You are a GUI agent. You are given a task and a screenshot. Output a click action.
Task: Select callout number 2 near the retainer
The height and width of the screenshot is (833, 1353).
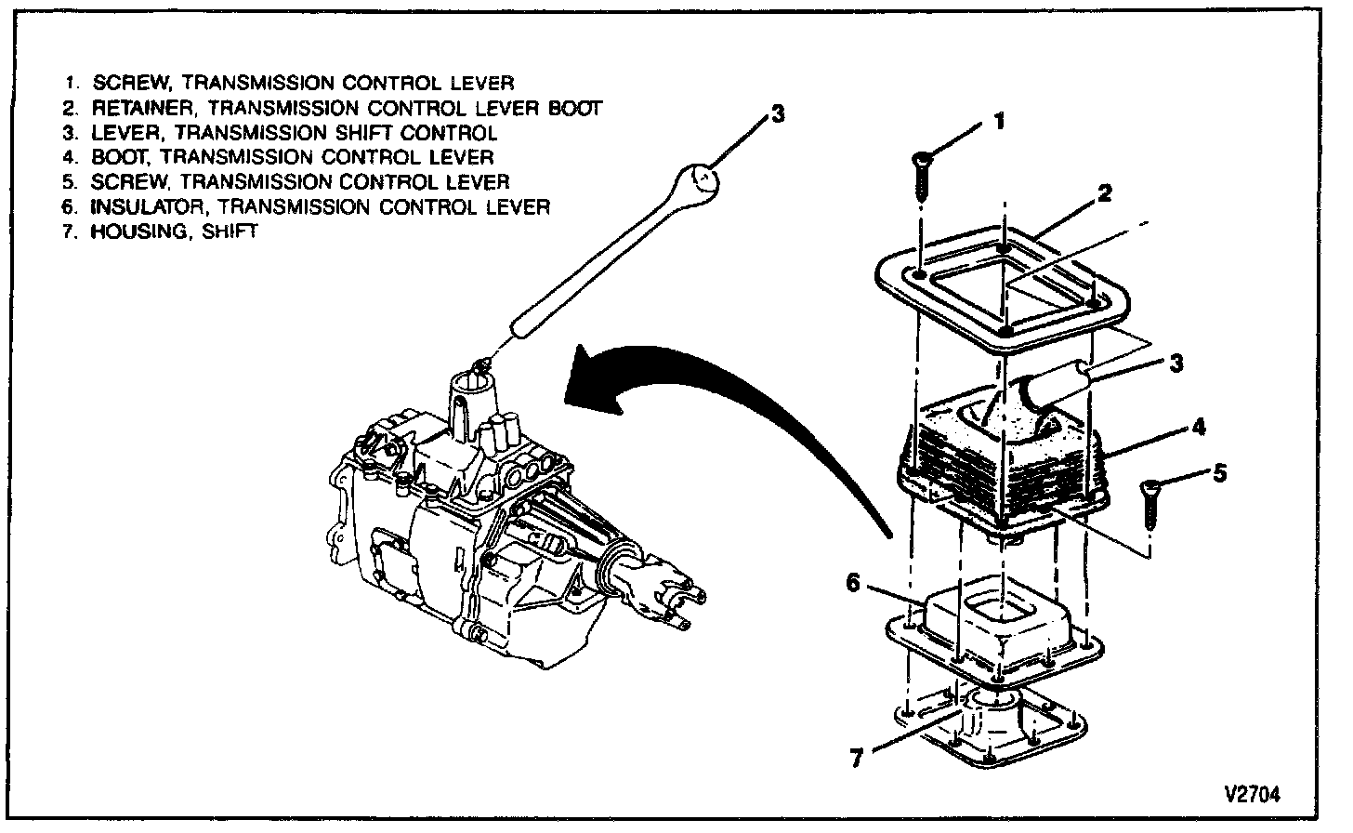1104,192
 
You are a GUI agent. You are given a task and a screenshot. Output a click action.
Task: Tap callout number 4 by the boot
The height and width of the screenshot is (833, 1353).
1199,427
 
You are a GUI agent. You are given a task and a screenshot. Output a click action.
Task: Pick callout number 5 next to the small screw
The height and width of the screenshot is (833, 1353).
1219,473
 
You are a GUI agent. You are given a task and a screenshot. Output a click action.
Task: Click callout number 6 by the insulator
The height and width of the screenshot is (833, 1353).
852,583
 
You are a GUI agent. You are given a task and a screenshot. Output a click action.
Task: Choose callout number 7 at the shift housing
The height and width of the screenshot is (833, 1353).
857,757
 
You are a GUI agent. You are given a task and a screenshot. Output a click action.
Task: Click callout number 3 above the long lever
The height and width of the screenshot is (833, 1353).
778,114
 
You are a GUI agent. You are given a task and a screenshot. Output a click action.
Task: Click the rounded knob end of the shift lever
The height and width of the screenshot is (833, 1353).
703,179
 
